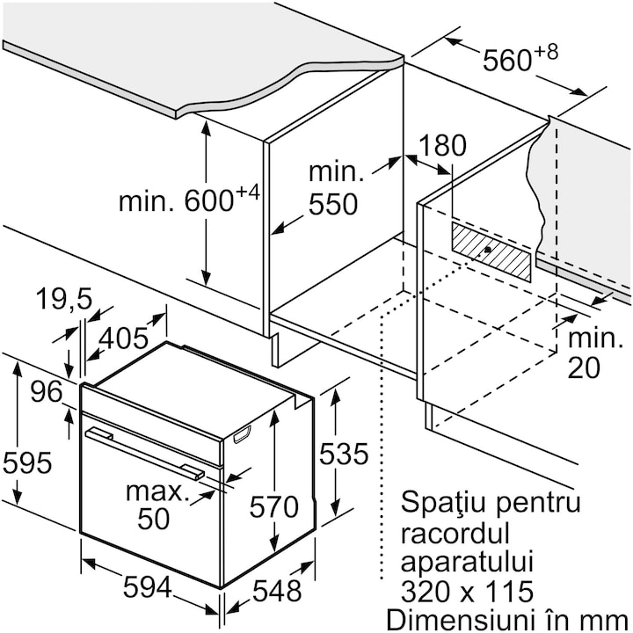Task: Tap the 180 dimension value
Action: click(x=443, y=145)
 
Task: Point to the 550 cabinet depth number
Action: click(x=333, y=204)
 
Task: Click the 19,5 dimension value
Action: click(x=64, y=299)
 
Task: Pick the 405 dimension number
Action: click(x=124, y=338)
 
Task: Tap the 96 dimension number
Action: click(x=47, y=391)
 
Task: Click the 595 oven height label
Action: click(x=27, y=462)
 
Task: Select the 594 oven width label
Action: click(x=148, y=587)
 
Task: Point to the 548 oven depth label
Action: click(x=277, y=591)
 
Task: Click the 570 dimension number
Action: click(x=274, y=506)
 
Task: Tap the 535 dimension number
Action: click(x=344, y=454)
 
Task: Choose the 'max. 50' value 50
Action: click(x=153, y=519)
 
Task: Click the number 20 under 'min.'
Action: click(x=584, y=367)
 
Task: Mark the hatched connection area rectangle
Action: click(x=491, y=251)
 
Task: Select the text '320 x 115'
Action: click(x=467, y=592)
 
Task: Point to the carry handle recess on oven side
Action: click(x=242, y=434)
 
